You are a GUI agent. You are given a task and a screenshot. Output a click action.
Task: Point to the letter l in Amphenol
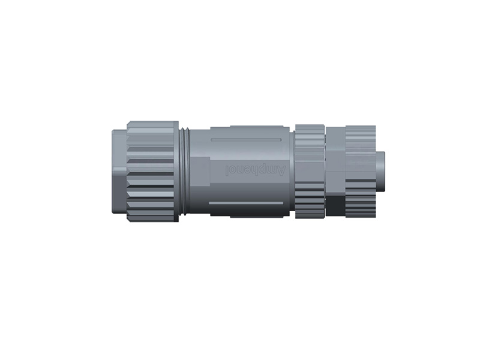tap(228, 170)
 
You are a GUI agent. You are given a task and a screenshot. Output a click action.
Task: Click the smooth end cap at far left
tap(119, 171)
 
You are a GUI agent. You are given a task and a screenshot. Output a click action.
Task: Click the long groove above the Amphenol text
tap(246, 140)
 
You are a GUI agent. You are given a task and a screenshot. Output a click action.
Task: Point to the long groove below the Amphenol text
tap(246, 203)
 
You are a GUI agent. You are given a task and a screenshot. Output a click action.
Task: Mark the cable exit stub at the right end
tap(380, 171)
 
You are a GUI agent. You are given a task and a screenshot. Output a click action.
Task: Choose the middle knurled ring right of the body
tap(310, 172)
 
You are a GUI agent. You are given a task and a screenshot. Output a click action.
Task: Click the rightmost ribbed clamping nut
tap(361, 172)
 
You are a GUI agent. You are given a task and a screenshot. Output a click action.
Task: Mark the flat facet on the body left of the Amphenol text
tap(201, 172)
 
